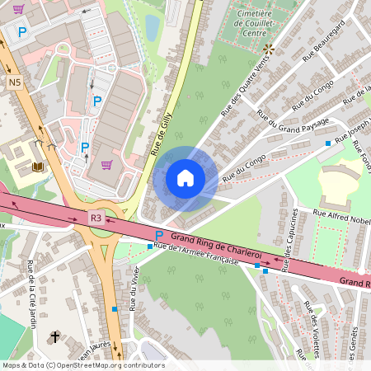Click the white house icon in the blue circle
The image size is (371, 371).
click(185, 178)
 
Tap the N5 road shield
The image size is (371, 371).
click(15, 82)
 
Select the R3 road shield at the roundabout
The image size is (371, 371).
click(96, 218)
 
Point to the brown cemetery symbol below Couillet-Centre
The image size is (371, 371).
click(268, 48)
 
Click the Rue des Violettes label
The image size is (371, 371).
click(312, 330)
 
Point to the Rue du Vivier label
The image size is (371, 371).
click(134, 289)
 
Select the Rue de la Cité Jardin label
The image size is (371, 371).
click(32, 294)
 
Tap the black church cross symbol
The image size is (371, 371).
click(56, 336)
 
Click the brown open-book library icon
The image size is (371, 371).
click(37, 167)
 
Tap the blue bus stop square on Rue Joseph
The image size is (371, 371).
click(327, 143)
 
